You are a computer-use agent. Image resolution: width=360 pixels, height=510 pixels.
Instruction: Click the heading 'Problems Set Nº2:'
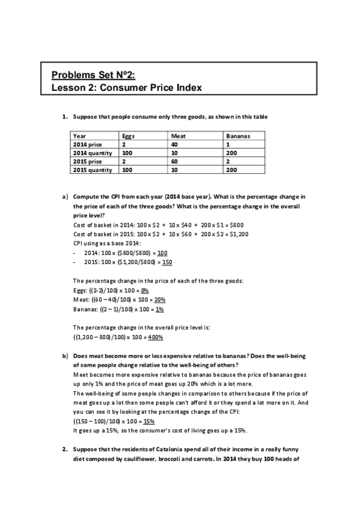point(93,75)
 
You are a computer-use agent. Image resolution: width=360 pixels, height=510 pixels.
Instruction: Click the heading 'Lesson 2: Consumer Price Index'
point(126,87)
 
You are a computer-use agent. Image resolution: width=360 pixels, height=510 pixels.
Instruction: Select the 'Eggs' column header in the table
point(128,137)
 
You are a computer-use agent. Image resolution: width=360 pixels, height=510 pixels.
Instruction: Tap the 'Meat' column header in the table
point(178,137)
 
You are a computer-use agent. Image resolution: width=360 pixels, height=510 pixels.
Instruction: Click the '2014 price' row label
point(87,145)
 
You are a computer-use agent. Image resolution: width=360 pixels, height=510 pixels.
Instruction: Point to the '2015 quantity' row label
point(92,170)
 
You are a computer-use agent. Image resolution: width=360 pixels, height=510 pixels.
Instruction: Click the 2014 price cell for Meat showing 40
point(175,145)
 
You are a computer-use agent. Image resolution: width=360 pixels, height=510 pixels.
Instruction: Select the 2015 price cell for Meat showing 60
point(175,162)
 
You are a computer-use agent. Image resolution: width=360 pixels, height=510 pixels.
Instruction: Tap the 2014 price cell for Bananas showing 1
point(223,145)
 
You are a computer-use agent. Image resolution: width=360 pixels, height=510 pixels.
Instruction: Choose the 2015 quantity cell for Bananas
point(227,170)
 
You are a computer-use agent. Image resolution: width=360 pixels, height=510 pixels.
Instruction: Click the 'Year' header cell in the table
point(79,137)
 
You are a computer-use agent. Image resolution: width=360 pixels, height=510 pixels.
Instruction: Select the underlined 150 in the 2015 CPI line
point(168,262)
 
